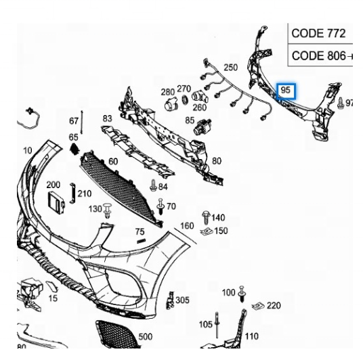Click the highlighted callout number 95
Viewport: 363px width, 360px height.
[x=285, y=90]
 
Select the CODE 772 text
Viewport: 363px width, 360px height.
[x=318, y=33]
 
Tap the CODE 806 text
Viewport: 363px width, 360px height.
[x=318, y=55]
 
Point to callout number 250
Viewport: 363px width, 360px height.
[x=230, y=67]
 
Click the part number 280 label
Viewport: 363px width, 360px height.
[x=167, y=92]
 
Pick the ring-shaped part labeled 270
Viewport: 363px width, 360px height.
[x=185, y=99]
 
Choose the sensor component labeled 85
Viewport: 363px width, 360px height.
[x=202, y=127]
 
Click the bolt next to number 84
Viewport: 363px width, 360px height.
[x=153, y=185]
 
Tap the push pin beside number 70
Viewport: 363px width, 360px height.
[x=161, y=206]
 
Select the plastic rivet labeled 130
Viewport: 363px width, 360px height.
[x=107, y=210]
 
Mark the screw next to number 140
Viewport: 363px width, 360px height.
[x=206, y=217]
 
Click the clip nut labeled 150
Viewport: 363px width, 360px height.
[x=207, y=231]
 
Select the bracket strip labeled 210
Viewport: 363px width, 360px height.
[x=72, y=194]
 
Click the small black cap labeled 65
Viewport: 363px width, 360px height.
[x=74, y=148]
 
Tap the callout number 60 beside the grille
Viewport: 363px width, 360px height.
[x=113, y=161]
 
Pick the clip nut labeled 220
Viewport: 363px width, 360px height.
[x=258, y=307]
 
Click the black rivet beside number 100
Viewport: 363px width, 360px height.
[x=242, y=294]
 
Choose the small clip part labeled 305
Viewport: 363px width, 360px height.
[x=170, y=300]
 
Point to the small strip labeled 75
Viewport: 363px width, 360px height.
[x=141, y=242]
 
